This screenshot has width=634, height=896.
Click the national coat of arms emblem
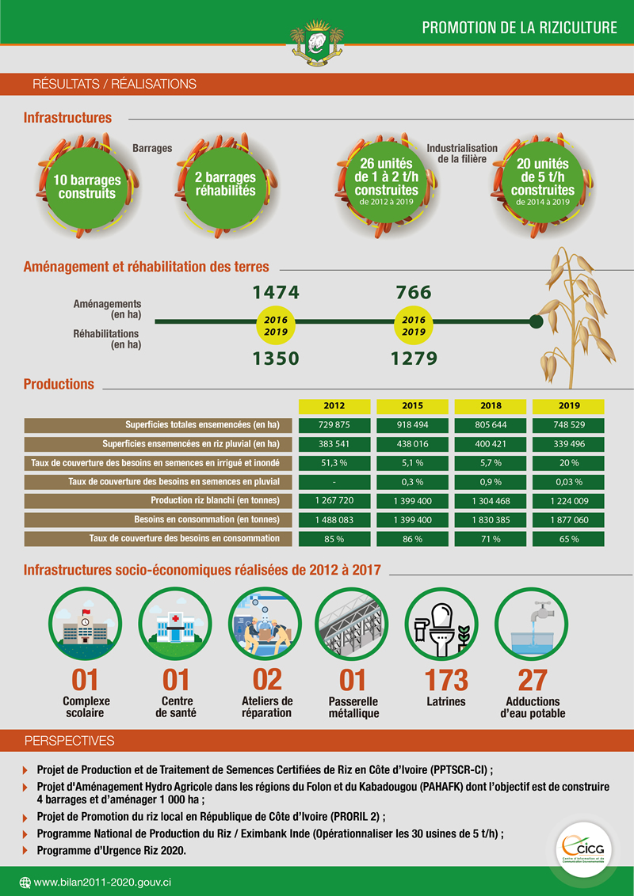pyautogui.click(x=317, y=42)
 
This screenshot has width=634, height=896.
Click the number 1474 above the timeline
pyautogui.click(x=276, y=293)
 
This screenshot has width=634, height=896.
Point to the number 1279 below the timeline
pyautogui.click(x=414, y=359)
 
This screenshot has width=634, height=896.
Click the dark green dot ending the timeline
pyautogui.click(x=536, y=321)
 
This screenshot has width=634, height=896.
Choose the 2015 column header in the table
pyautogui.click(x=412, y=406)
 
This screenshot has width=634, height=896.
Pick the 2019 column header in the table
pyautogui.click(x=568, y=406)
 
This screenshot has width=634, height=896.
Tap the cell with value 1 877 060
pyautogui.click(x=568, y=520)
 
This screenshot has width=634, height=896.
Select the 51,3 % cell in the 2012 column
pyautogui.click(x=334, y=463)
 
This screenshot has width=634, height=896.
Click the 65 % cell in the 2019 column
pyautogui.click(x=568, y=539)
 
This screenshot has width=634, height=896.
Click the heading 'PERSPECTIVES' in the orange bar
pyautogui.click(x=70, y=741)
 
